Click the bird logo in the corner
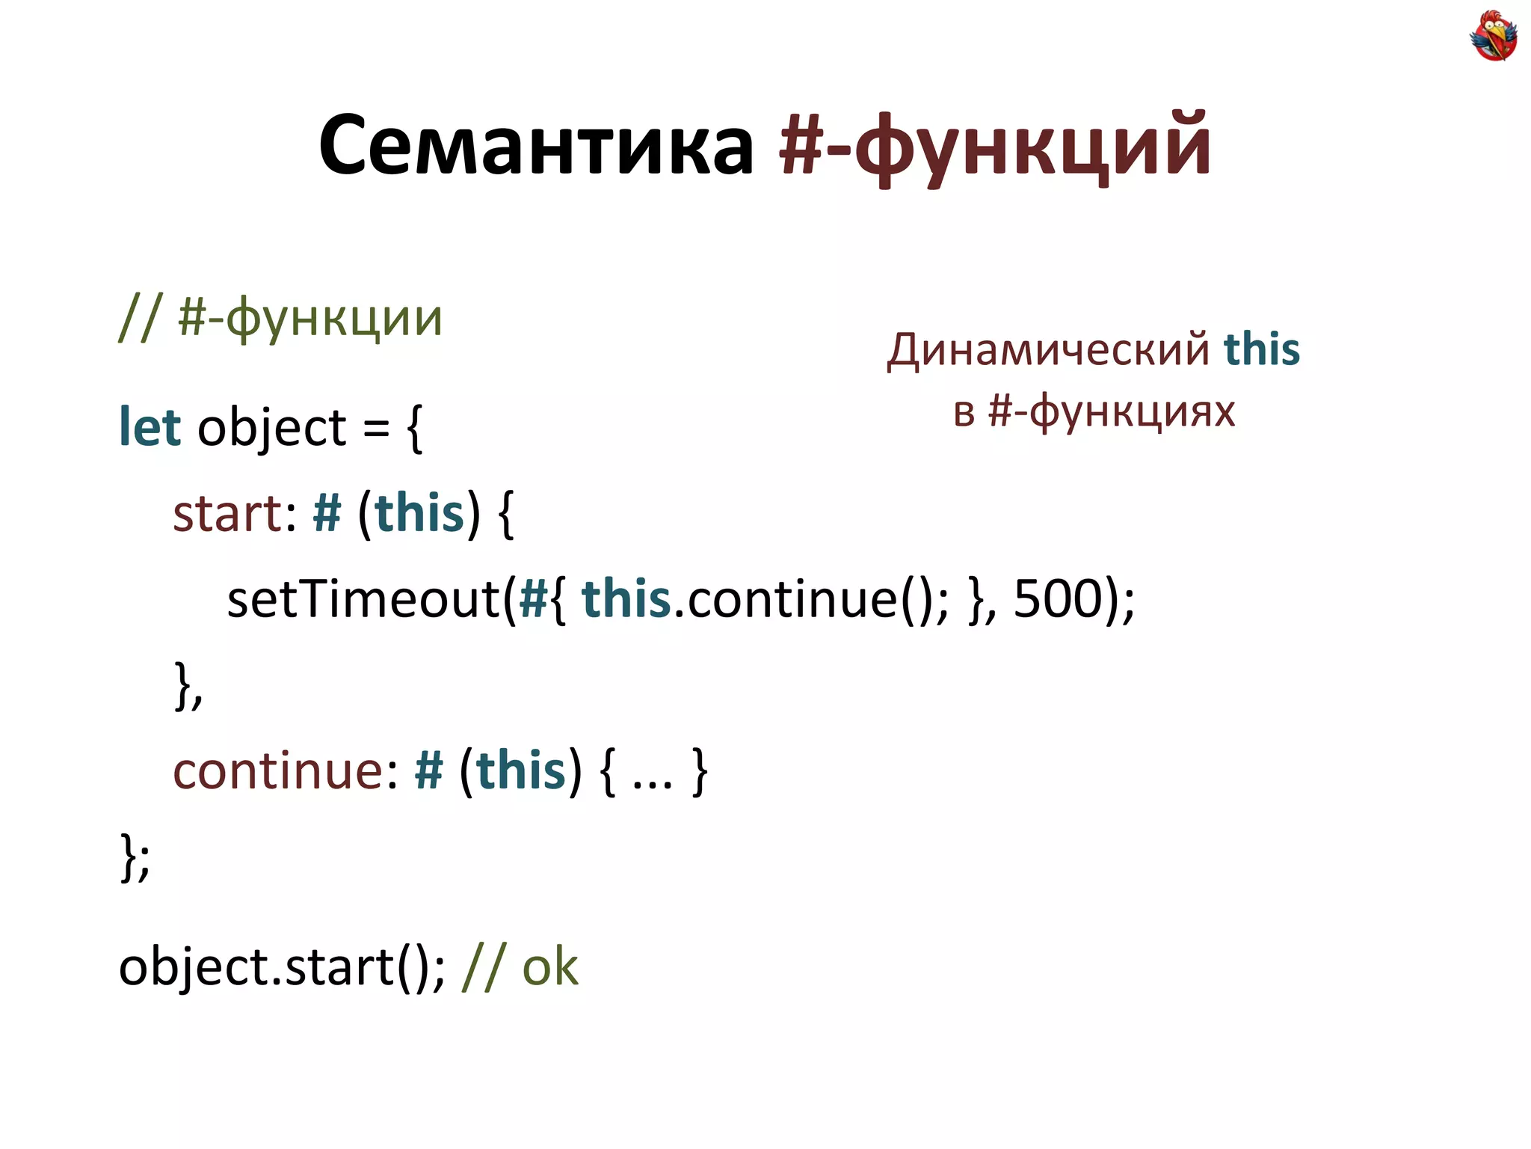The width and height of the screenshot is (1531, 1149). click(x=1493, y=35)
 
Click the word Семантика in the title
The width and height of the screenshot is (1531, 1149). click(x=536, y=144)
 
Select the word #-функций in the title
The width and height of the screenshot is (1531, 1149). click(x=994, y=144)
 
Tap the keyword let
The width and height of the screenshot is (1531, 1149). click(x=150, y=428)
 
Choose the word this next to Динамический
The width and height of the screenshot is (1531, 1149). click(x=1262, y=349)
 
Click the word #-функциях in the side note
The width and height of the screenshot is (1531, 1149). click(x=1112, y=411)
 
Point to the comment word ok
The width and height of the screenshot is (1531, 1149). click(x=550, y=967)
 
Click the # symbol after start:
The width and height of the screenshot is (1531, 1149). click(x=327, y=515)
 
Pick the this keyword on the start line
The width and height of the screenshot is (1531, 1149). click(x=419, y=515)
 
